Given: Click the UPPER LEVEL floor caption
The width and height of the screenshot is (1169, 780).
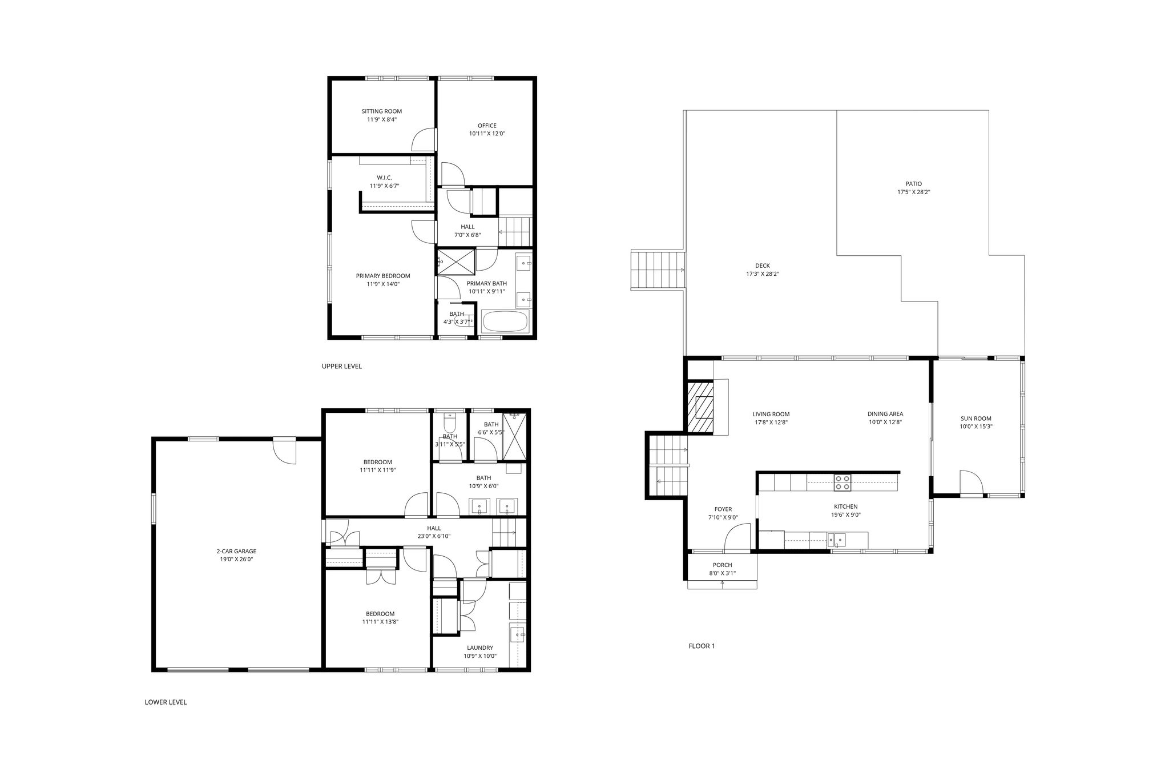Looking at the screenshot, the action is (342, 367).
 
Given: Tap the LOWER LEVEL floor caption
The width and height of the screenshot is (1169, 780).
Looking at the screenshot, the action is (166, 702).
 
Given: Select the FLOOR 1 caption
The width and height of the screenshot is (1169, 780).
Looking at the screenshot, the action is (702, 646).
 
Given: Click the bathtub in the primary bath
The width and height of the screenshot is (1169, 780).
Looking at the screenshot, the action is (505, 321).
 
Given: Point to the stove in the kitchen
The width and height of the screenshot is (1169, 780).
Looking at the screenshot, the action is (843, 483).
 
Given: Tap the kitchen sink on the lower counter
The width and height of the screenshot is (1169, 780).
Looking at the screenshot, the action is (837, 540).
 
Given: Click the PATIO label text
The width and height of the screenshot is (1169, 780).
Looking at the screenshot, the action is (913, 184).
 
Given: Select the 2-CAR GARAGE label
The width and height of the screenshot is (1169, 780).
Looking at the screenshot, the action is (236, 552).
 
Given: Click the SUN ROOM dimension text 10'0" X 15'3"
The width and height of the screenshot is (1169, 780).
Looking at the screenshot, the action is (975, 427).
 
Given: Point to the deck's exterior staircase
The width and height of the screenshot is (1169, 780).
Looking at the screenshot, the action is (657, 270).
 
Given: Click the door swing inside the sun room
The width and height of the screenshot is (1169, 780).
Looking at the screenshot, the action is (971, 481).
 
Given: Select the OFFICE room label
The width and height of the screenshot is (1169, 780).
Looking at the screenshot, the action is (487, 126).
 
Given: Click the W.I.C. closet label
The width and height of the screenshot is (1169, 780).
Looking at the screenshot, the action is (384, 178).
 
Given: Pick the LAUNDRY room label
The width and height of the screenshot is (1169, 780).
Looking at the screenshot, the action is (479, 648).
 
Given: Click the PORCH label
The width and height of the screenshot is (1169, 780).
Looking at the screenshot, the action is (722, 565).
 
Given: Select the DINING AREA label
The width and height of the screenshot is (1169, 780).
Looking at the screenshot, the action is (885, 414).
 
